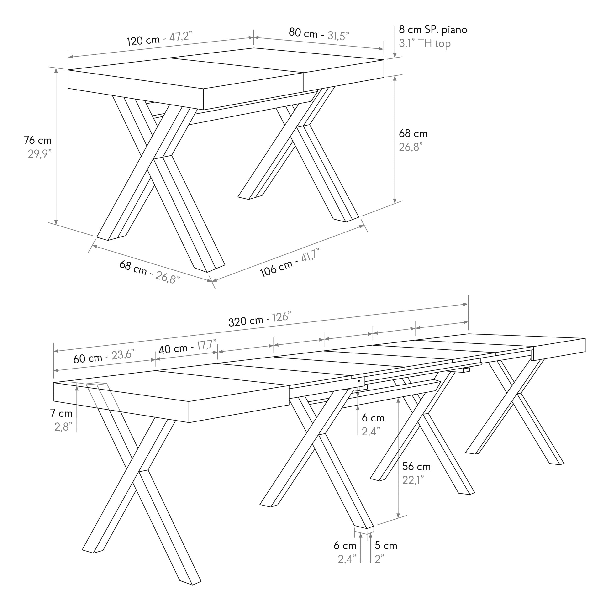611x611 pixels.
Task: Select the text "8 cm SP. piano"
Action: pos(433,30)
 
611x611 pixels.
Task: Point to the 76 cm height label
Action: pos(38,140)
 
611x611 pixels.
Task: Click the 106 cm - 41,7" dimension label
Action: pos(289,263)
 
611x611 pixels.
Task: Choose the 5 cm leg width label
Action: pos(386,546)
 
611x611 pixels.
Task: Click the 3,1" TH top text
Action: pos(425,43)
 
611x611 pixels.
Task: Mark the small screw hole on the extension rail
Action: pos(359,381)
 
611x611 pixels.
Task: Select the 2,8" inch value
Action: pos(63,427)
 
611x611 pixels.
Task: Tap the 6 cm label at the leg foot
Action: pos(345,546)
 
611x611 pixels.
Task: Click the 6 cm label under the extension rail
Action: pos(373,418)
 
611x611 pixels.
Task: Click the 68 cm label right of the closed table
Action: pos(413,133)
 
